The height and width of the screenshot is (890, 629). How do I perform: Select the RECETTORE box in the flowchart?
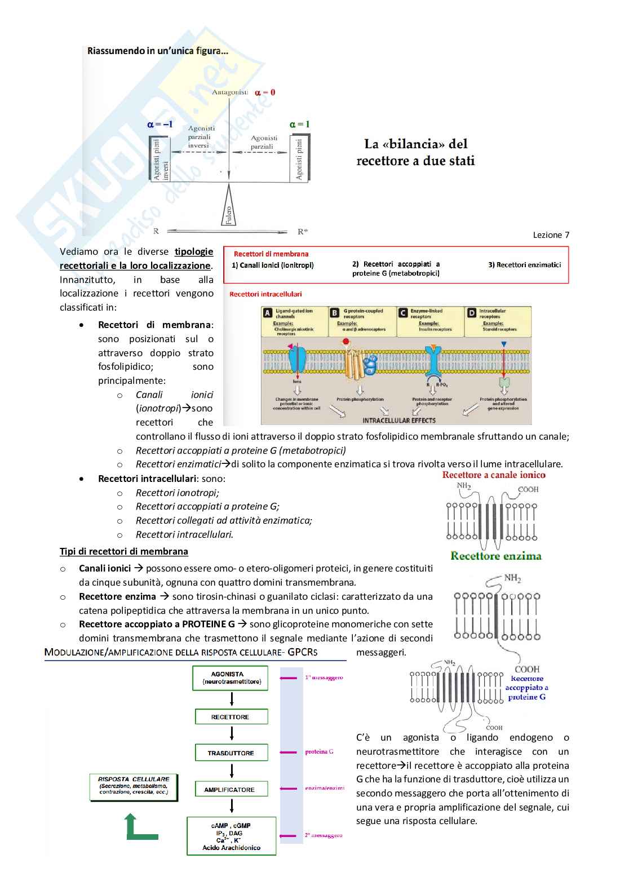(231, 717)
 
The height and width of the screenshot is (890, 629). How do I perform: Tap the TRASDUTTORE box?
(231, 753)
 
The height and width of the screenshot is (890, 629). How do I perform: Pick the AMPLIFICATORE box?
(231, 789)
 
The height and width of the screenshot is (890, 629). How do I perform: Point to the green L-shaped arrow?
(139, 829)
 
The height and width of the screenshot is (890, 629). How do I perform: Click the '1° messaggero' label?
(324, 678)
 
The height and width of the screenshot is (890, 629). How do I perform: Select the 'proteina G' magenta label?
(319, 751)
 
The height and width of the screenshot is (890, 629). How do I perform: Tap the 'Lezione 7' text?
(551, 235)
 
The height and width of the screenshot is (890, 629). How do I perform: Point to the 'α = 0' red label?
(265, 92)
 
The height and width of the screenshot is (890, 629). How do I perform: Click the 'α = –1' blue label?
(160, 124)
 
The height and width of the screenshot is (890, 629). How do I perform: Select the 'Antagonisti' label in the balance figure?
(230, 92)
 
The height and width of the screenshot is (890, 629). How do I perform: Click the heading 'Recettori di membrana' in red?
(271, 254)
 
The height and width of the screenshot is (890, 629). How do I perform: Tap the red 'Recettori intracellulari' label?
(265, 294)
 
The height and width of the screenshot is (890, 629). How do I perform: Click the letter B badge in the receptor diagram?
(335, 313)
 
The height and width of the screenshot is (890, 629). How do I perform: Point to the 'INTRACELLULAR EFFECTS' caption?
(399, 420)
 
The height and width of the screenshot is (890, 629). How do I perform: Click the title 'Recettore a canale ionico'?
(494, 475)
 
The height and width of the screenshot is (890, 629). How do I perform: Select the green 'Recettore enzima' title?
(496, 556)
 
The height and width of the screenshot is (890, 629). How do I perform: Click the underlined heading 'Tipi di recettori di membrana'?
(124, 551)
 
